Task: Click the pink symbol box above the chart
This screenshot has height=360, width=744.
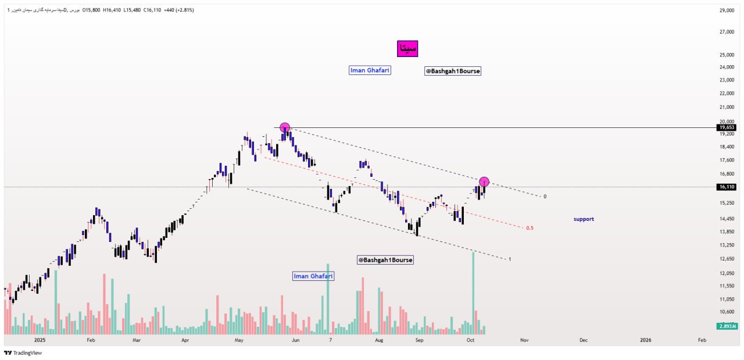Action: (407, 49)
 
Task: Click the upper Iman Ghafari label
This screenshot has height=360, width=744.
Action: (370, 70)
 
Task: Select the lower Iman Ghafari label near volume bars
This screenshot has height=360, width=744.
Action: (313, 276)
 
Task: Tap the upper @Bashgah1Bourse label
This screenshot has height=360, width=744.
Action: (453, 71)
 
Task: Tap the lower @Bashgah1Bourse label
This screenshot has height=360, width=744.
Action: (385, 260)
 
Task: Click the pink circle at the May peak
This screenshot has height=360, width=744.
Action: (284, 128)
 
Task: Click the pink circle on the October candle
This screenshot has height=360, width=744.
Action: (484, 182)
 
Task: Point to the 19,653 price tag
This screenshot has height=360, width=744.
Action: (727, 127)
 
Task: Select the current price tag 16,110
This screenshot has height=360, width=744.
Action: (727, 187)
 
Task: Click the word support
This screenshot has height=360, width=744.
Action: (584, 219)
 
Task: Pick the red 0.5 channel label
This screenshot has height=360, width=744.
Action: (530, 228)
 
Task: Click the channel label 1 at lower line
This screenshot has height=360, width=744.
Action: (510, 259)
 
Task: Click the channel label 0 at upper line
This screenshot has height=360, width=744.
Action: (545, 197)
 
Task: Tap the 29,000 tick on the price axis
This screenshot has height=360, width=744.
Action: (727, 10)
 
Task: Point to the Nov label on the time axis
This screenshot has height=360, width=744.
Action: (524, 340)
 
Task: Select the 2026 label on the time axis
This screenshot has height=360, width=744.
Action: (645, 340)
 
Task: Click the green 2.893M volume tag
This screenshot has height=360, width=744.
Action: (727, 326)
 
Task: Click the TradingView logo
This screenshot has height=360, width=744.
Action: (23, 352)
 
